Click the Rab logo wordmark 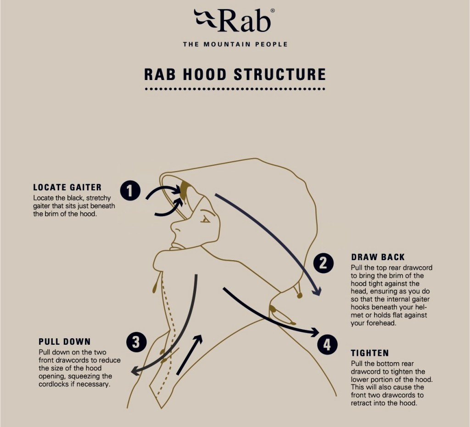[x=235, y=21]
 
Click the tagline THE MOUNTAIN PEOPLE [x=235, y=45]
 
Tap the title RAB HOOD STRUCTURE [x=235, y=74]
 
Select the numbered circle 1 [x=130, y=190]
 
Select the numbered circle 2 [x=323, y=263]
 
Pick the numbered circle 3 [x=136, y=342]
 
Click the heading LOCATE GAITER [x=67, y=188]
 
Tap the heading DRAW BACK [x=378, y=257]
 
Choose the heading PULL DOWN [x=64, y=342]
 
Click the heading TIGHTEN [x=369, y=353]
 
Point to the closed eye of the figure [x=205, y=220]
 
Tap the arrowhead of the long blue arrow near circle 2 [x=316, y=291]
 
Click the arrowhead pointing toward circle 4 [x=314, y=331]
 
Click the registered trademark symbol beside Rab [x=272, y=11]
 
